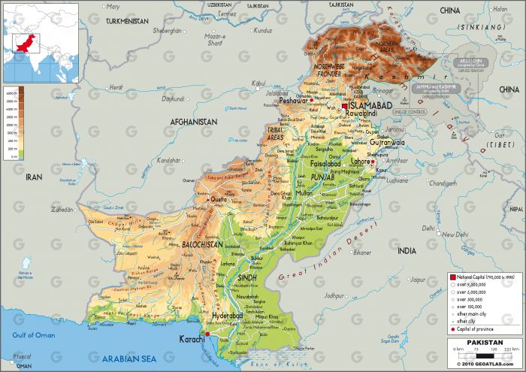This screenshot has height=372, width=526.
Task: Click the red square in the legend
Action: coord(452,277)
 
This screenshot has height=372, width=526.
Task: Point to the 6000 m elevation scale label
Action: coord(11,92)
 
